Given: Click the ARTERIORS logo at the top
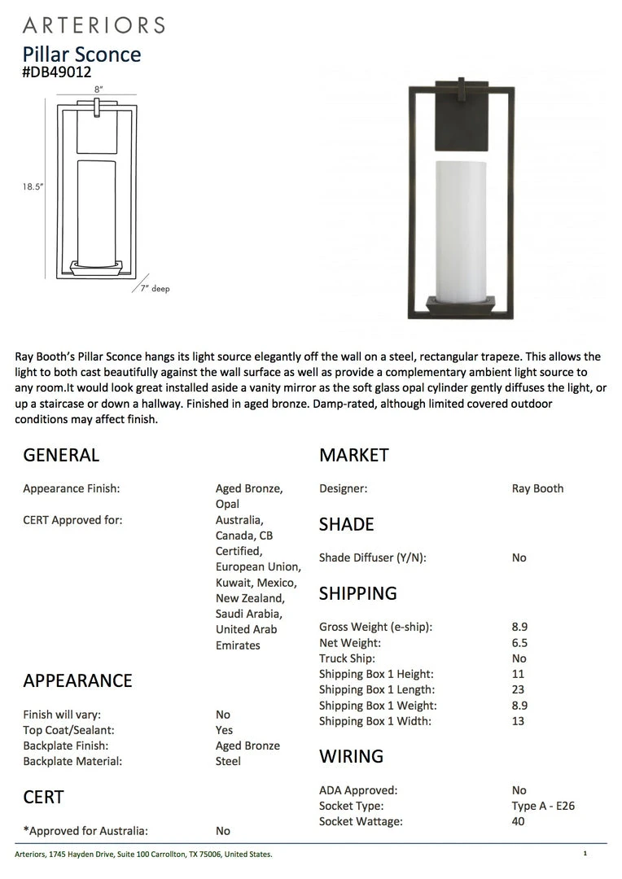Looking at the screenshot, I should click(94, 24).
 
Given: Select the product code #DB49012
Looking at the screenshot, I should click(57, 72).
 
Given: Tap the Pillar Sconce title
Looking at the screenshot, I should click(81, 54).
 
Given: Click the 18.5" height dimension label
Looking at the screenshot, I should click(33, 186).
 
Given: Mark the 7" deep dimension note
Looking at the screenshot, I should click(152, 289).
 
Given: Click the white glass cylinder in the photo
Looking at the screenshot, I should click(462, 232).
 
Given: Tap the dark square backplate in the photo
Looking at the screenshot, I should click(462, 122).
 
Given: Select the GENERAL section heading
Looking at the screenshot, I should click(61, 455).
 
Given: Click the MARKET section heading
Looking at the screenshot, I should click(354, 455).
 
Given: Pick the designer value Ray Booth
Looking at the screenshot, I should click(537, 488).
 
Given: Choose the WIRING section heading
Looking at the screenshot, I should click(351, 756).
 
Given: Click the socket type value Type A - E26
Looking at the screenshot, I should click(543, 806).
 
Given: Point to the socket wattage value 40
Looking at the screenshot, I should click(519, 821).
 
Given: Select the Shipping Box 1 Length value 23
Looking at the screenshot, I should click(519, 689).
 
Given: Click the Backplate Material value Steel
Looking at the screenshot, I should click(228, 761).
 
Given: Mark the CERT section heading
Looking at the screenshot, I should click(43, 797).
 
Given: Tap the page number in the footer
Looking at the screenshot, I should click(585, 854).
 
